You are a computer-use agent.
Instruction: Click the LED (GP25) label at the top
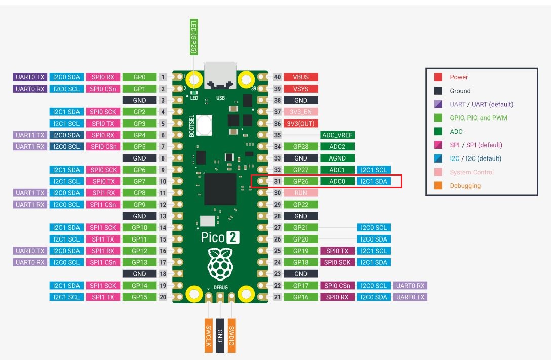pos(193,37)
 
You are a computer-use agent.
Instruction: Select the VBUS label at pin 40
pos(301,77)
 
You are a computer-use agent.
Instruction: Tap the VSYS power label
pos(301,89)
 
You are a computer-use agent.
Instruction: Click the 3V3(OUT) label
pos(301,124)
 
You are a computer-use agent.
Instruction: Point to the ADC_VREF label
pos(337,135)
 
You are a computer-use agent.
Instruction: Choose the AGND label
pos(337,158)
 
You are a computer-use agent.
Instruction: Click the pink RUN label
pos(301,193)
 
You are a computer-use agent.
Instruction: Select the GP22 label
pos(301,205)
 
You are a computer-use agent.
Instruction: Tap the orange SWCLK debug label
pos(208,336)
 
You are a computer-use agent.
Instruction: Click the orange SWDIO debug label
pos(231,336)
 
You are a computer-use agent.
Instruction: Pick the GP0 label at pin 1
pos(139,77)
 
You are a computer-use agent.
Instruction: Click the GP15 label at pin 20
pos(139,297)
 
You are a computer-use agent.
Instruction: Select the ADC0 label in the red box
pos(337,182)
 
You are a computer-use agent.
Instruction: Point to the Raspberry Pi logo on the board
pos(220,264)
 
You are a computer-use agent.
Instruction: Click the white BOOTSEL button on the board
pos(205,125)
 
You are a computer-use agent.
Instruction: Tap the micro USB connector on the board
pos(220,75)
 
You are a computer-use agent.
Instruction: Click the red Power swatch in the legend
pos(438,77)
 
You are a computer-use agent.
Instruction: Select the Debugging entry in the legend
pos(465,186)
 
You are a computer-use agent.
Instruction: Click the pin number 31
pos(277,182)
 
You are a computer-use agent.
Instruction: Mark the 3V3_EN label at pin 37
pos(301,112)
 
